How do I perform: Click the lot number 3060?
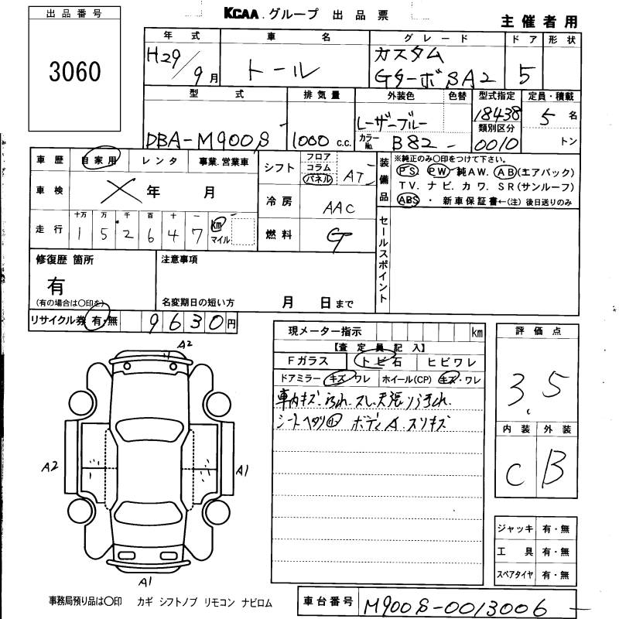[x=74, y=73]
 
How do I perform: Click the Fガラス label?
[x=308, y=361]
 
